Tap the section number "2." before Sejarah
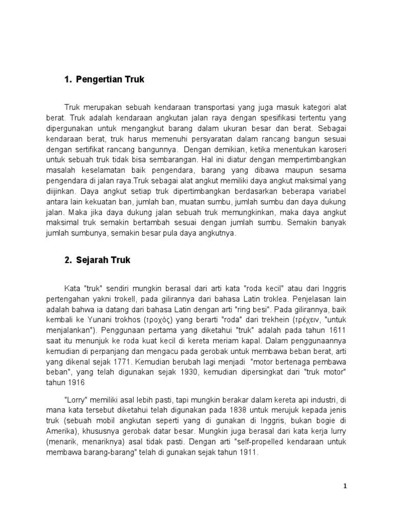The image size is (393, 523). pyautogui.click(x=69, y=260)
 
